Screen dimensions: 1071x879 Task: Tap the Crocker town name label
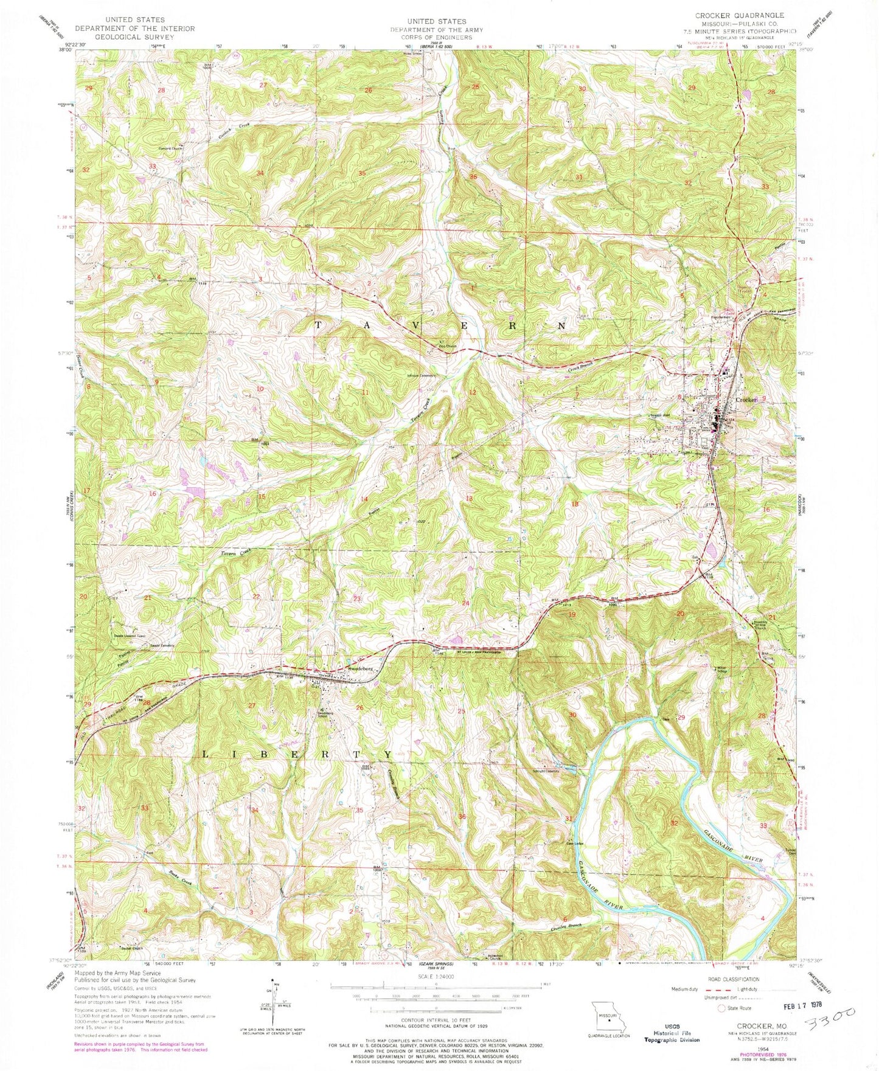746,400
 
